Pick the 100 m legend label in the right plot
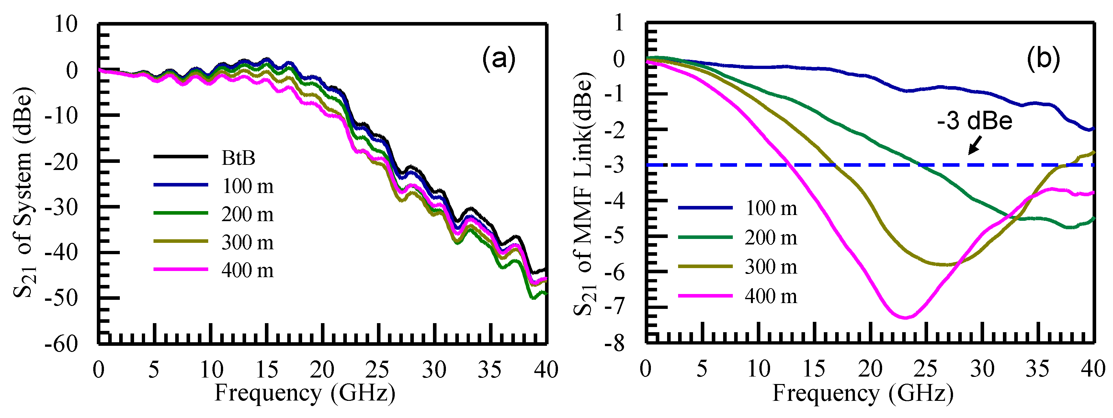[x=771, y=208]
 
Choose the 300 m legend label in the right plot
[x=771, y=266]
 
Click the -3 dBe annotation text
[x=975, y=120]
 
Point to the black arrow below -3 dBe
[x=975, y=145]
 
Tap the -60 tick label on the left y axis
[x=61, y=344]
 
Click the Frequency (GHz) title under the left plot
[x=305, y=393]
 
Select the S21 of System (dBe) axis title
[x=24, y=192]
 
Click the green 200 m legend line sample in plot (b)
[x=705, y=237]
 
